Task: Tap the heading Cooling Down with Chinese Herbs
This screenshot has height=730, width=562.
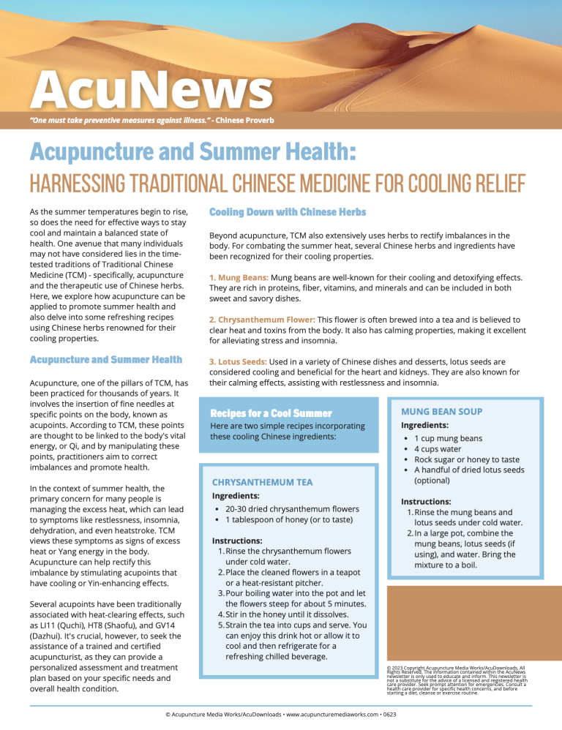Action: [288, 212]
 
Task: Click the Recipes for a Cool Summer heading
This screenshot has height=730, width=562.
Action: [271, 414]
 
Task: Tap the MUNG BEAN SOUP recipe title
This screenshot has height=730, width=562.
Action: [442, 412]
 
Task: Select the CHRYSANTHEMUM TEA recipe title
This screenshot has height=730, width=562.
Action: [262, 482]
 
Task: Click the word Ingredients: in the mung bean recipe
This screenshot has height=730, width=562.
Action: [424, 425]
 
